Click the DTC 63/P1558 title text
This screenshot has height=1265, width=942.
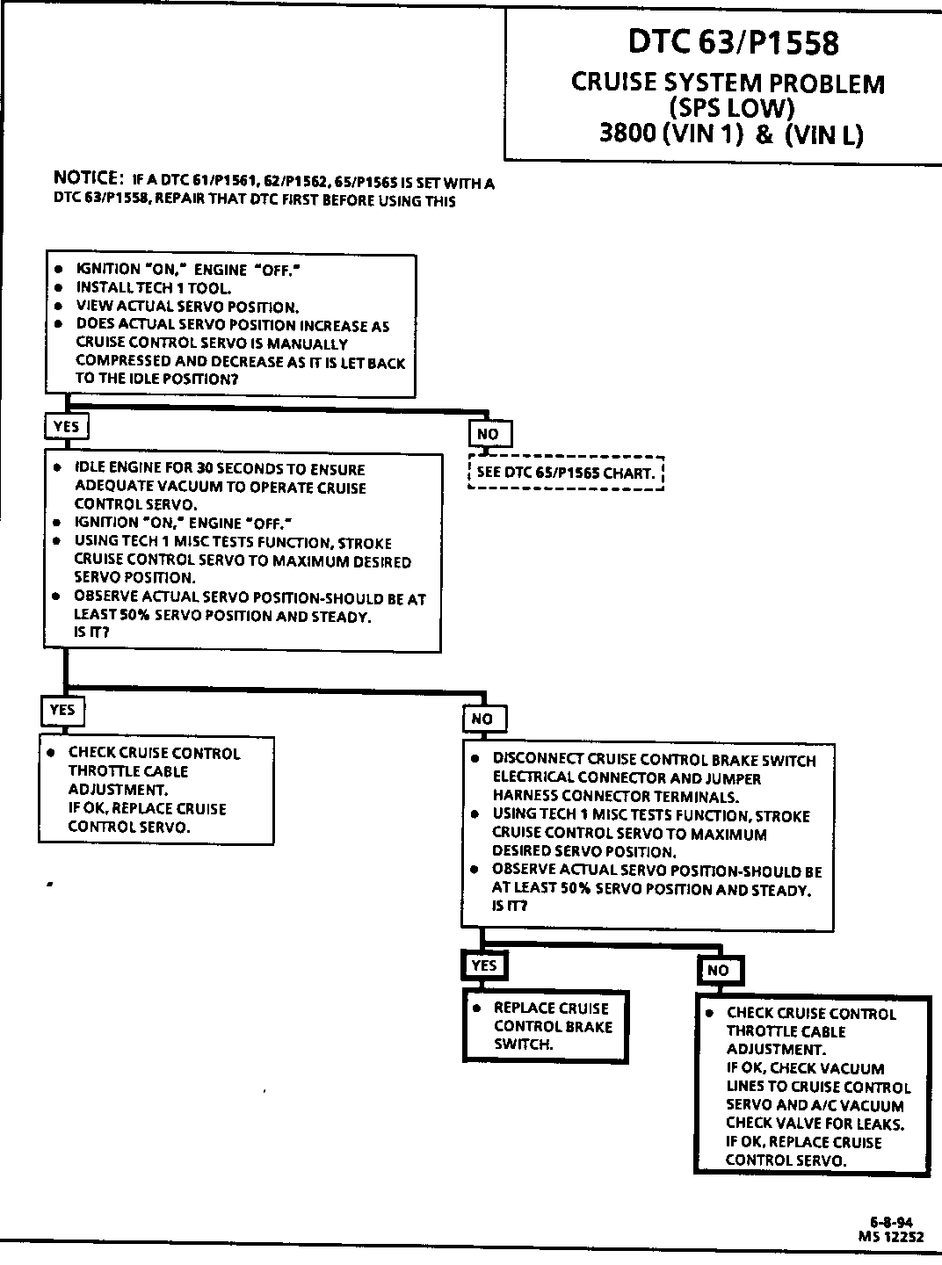[733, 43]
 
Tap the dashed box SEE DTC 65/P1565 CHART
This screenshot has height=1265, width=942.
[566, 473]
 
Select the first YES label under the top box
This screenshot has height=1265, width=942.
[66, 427]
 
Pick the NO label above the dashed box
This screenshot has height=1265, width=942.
[488, 434]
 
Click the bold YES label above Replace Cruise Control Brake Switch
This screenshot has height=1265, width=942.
[484, 965]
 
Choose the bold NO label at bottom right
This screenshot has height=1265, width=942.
[718, 970]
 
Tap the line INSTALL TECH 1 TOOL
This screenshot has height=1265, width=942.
[154, 287]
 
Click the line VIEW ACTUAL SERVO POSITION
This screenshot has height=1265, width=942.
[187, 307]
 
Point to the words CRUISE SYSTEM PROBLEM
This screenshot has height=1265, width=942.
[728, 83]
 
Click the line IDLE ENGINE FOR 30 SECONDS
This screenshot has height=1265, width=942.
[220, 469]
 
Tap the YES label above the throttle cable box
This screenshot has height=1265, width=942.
[62, 710]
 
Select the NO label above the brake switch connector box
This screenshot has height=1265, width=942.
[482, 719]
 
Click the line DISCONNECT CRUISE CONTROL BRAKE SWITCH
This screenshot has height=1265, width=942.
[654, 760]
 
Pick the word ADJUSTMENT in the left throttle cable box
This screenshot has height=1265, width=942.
[117, 790]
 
